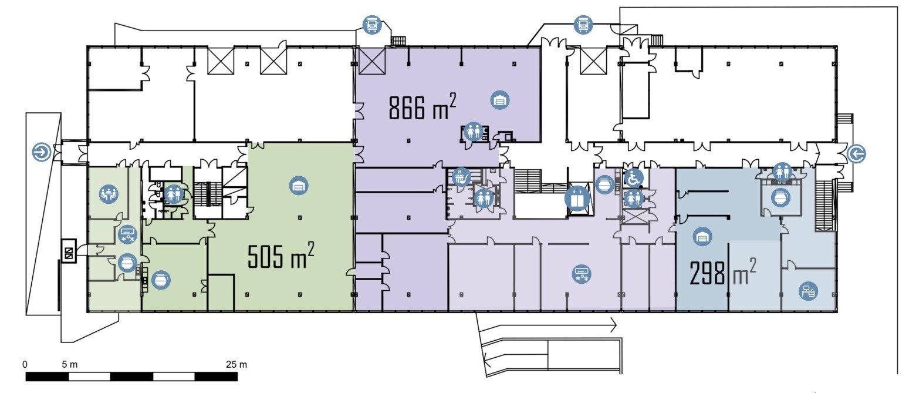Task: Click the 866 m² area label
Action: click(423, 106)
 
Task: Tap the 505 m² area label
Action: click(281, 255)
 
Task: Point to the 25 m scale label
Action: click(236, 364)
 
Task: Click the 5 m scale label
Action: click(69, 364)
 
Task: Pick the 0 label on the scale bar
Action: click(25, 364)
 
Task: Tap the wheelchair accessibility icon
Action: click(633, 178)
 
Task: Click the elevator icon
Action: click(577, 199)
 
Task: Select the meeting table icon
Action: click(109, 194)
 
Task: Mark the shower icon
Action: click(461, 177)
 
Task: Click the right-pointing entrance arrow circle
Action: click(42, 152)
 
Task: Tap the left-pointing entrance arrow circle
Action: click(857, 154)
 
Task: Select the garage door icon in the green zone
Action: click(299, 186)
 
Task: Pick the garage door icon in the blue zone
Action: click(702, 237)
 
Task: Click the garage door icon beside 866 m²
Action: click(500, 100)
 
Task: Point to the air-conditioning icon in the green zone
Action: click(127, 234)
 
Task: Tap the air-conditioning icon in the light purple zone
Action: click(582, 274)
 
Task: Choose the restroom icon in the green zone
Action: click(174, 194)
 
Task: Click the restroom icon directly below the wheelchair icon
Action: click(633, 199)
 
